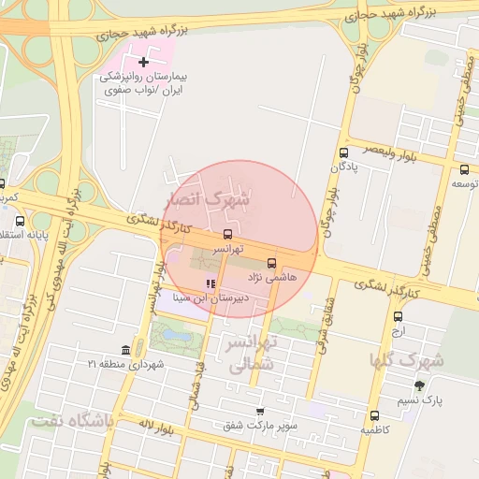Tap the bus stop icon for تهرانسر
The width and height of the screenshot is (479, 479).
click(x=228, y=234)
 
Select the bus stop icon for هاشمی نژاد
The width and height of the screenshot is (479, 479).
click(x=272, y=263)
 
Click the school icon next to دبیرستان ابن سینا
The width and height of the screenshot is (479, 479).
click(x=210, y=283)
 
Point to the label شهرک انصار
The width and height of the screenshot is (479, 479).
click(x=208, y=199)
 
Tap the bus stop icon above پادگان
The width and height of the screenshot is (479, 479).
click(x=343, y=152)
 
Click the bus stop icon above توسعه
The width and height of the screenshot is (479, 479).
click(x=465, y=169)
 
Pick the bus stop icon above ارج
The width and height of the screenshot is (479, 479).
click(x=399, y=316)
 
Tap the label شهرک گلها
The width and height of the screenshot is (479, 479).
click(x=407, y=360)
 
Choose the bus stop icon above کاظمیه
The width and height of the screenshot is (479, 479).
click(x=374, y=415)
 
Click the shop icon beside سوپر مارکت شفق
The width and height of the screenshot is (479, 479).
click(x=259, y=411)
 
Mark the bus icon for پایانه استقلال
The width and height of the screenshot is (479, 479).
click(x=21, y=221)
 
